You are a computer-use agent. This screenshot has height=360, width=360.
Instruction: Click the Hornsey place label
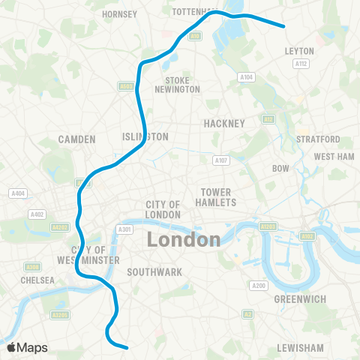[120, 14]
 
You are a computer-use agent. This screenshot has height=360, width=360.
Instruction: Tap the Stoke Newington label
[178, 85]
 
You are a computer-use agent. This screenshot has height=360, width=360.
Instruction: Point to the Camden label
[77, 139]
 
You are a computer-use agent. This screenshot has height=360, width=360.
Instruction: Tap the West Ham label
[334, 157]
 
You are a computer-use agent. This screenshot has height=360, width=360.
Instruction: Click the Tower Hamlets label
[216, 197]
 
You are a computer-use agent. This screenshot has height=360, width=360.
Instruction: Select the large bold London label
[184, 240]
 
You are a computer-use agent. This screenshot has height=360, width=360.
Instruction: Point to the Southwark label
[154, 271]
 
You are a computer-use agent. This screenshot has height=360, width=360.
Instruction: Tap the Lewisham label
[300, 348]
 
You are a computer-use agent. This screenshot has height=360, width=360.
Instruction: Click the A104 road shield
[247, 76]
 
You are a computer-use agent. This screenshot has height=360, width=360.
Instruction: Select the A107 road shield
[220, 160]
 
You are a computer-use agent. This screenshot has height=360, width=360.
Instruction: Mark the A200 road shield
[259, 286]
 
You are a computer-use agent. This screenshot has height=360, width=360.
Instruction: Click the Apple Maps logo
[26, 347]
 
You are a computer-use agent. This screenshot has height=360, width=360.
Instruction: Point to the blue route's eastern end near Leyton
[284, 27]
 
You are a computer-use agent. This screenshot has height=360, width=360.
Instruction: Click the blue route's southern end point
[127, 347]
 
